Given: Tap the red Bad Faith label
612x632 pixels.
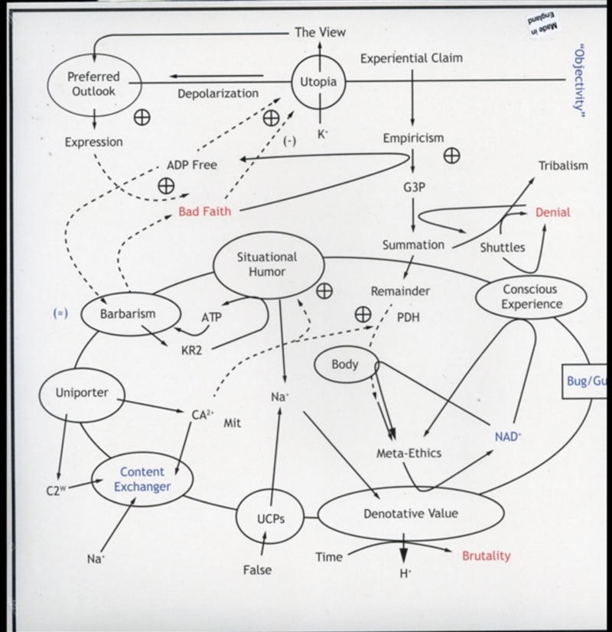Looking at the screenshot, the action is point(205,211).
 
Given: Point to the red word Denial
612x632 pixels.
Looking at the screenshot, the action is point(552,212).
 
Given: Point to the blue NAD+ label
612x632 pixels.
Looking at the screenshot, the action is point(508,436).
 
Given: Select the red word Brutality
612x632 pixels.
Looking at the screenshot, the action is point(486,556).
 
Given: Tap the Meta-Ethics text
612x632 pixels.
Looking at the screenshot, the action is point(409,453).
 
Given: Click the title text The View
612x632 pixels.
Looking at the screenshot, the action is point(320,32).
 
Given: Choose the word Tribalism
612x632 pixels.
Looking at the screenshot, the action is point(563,165).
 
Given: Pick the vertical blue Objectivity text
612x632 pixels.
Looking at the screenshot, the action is point(580,80).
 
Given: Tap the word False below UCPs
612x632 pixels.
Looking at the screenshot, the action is point(257,570).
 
